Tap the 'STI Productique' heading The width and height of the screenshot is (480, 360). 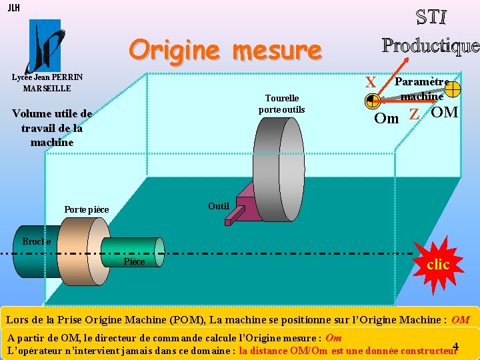(430, 31)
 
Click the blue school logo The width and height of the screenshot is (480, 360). (44, 45)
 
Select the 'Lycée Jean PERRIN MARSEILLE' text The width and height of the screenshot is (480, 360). (47, 83)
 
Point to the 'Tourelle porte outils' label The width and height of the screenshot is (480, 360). (281, 103)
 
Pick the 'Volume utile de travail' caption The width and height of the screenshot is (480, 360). (52, 127)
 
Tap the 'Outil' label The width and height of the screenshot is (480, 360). (218, 206)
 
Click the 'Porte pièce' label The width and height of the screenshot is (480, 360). (86, 210)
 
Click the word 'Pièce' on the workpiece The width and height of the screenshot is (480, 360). (134, 261)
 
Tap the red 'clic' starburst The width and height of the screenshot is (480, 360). (437, 264)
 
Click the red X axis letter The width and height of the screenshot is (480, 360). (371, 83)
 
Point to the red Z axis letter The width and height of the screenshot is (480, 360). (414, 114)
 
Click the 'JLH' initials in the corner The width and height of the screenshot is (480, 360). (13, 8)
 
